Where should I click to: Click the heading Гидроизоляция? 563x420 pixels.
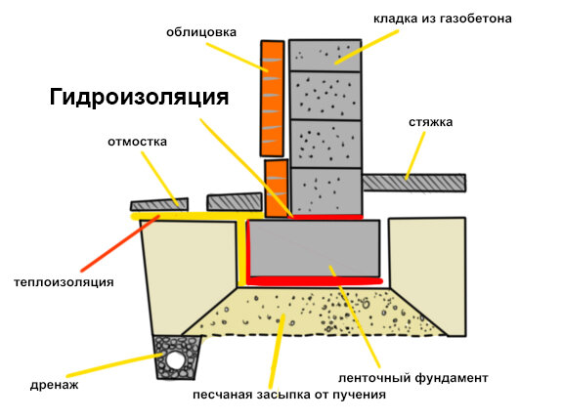click(140, 98)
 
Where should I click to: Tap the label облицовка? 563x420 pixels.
click(201, 32)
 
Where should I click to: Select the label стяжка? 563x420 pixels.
click(430, 122)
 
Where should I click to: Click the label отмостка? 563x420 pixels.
click(137, 142)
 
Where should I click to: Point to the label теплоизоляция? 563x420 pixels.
click(64, 282)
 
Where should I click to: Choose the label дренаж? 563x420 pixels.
click(54, 385)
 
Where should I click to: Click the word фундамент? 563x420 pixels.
click(452, 378)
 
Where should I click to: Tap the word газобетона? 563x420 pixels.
click(475, 19)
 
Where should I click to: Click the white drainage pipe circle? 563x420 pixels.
click(175, 360)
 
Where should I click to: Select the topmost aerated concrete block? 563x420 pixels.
click(325, 56)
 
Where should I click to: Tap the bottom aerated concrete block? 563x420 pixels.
click(326, 191)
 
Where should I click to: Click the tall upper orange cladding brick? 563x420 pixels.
click(272, 99)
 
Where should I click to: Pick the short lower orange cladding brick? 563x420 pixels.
click(276, 189)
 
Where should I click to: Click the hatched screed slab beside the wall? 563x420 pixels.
click(414, 183)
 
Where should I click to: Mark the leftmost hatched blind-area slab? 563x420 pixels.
click(159, 204)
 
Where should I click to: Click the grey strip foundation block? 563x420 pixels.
click(314, 248)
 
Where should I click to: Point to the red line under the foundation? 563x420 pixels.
click(315, 281)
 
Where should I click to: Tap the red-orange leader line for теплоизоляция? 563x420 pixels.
click(120, 243)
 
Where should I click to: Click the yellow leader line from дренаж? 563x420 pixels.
click(115, 365)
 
